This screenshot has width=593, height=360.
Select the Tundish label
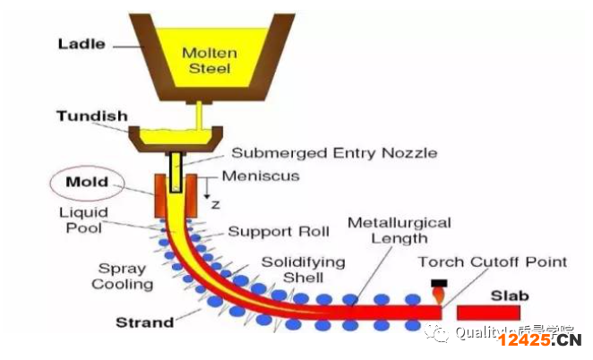click(x=92, y=116)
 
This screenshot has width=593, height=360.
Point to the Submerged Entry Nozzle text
click(x=334, y=152)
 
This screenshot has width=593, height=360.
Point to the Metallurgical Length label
click(x=399, y=229)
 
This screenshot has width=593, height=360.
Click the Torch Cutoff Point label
click(x=493, y=261)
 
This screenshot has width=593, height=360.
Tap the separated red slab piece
click(x=493, y=312)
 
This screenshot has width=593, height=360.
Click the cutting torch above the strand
click(x=439, y=289)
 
